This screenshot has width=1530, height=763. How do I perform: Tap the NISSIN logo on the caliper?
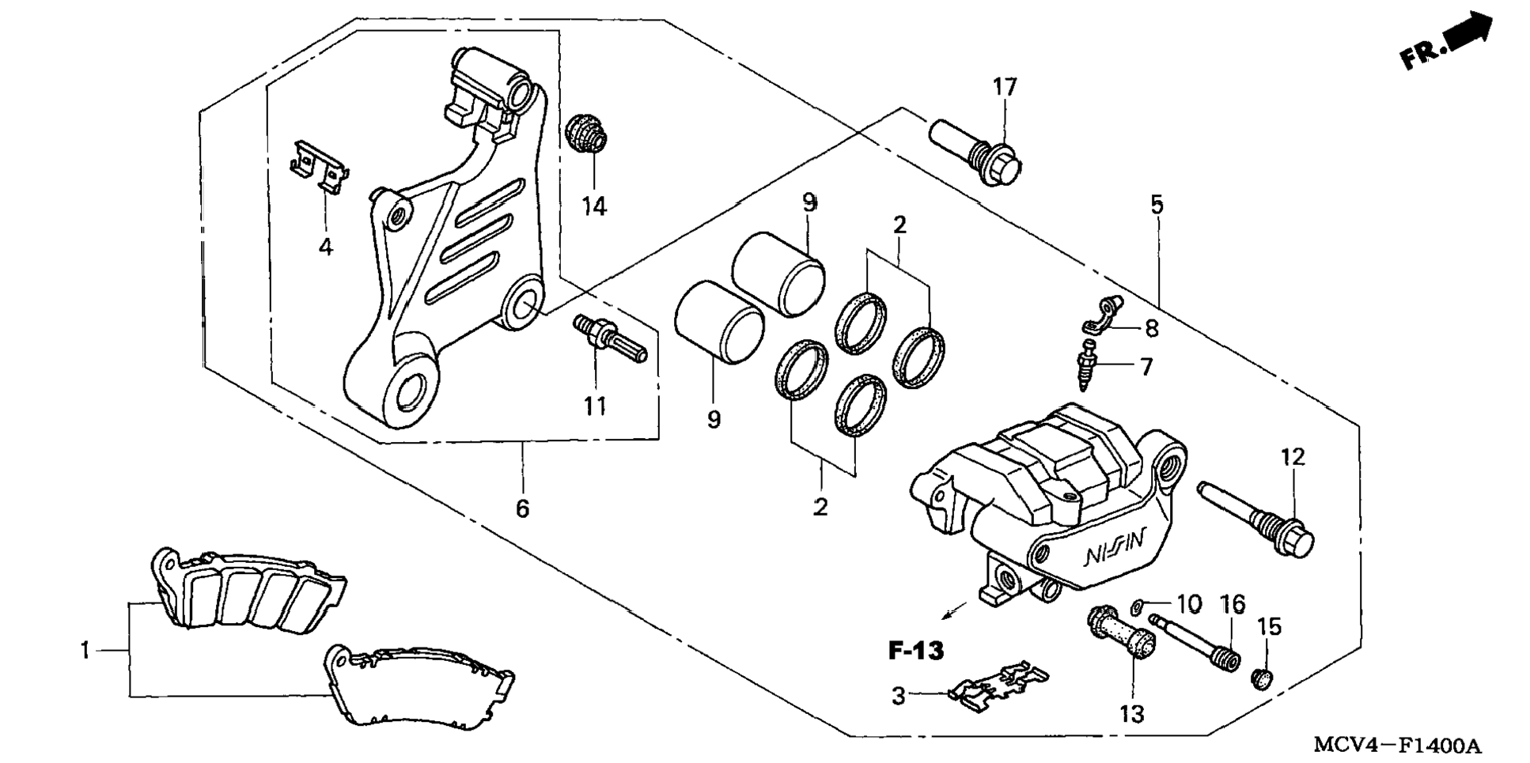coord(1113,548)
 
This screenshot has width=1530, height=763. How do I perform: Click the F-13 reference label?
coord(916,652)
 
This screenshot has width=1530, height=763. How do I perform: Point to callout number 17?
coord(1005,87)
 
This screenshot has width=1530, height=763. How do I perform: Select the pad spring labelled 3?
coord(998,682)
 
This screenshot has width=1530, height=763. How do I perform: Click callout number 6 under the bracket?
coord(522,508)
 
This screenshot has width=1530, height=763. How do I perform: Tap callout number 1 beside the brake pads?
coord(85,651)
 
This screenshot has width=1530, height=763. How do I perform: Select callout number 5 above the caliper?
coord(1157,206)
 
